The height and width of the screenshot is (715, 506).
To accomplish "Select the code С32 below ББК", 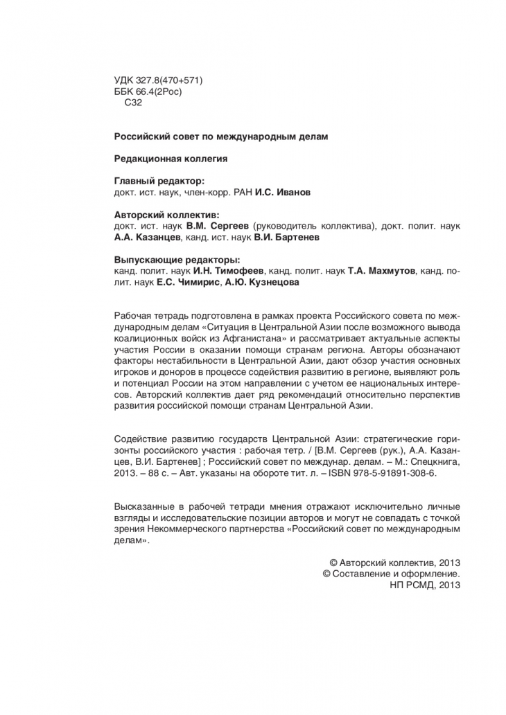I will [132, 103].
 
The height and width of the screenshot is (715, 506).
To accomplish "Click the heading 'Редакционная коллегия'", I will [171, 158].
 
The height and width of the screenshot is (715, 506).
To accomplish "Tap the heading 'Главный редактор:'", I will [159, 181].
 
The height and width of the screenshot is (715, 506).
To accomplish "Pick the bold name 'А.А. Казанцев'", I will [148, 237].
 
